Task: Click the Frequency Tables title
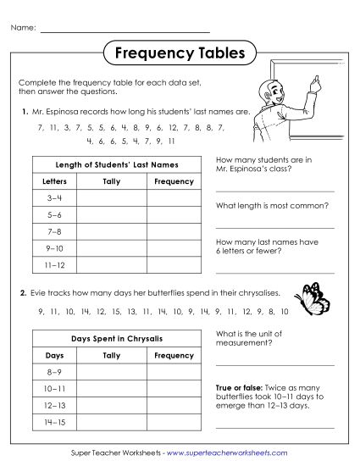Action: click(179, 53)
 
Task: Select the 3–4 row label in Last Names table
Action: click(54, 197)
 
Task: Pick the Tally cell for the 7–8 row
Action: click(111, 230)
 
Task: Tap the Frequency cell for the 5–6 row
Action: click(174, 214)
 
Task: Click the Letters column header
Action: click(54, 181)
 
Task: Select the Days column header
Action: click(54, 355)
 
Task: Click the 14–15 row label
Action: click(54, 421)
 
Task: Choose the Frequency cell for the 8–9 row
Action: click(174, 372)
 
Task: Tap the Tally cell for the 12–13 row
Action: click(111, 405)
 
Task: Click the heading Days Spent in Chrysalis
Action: click(117, 338)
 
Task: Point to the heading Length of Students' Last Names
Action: click(117, 164)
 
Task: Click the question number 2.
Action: click(24, 292)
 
